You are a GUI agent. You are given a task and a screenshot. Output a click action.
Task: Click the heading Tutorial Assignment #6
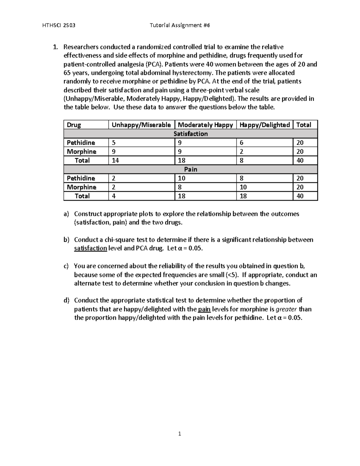pos(180,26)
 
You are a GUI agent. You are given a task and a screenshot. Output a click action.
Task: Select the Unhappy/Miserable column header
pos(141,125)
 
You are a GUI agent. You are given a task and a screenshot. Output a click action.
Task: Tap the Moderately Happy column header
pos(205,125)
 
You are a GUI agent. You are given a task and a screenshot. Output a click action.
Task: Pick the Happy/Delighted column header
pos(265,125)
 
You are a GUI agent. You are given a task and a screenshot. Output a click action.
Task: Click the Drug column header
pos(74,125)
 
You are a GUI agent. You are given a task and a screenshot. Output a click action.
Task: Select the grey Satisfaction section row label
pos(190,134)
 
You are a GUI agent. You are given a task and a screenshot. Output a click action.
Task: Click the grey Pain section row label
pos(190,170)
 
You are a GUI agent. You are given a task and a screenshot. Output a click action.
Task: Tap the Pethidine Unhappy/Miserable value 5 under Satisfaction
pos(113,143)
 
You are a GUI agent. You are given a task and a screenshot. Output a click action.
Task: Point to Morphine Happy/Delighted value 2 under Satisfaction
pos(241,152)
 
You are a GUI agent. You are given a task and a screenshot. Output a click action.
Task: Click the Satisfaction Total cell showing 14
pos(115,161)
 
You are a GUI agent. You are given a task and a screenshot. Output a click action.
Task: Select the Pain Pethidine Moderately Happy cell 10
pos(181,178)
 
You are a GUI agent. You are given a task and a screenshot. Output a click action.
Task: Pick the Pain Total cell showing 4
pos(114,196)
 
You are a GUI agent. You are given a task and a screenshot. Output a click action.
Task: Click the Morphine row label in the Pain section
pos(81,187)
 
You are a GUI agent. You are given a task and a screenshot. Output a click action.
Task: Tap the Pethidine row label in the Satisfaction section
pos(81,143)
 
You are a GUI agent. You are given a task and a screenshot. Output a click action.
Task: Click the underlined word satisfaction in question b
pos(90,248)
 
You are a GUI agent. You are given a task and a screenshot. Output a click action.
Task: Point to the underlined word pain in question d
pos(204,309)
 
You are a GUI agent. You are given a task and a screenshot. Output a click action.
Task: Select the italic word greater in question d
pos(286,309)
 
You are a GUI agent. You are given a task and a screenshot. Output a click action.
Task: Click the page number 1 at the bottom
pos(180,434)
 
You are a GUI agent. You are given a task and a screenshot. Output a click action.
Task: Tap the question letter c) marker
pos(66,266)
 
